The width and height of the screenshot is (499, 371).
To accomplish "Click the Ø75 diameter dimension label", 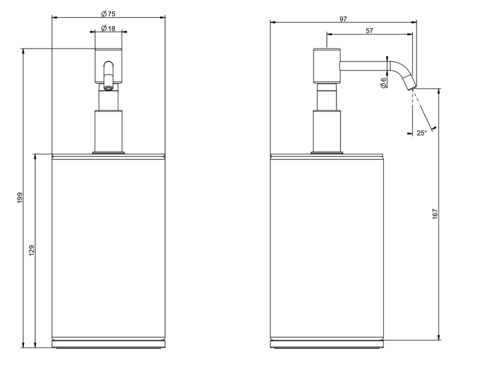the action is (108, 13).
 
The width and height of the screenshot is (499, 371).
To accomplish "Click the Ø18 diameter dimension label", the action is (108, 28).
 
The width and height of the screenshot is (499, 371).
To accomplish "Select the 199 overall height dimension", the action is (20, 198).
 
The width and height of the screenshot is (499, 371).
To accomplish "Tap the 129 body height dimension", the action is (31, 250).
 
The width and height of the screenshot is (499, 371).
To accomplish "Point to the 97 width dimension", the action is (343, 19).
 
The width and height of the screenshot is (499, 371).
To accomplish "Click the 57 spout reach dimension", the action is (369, 31).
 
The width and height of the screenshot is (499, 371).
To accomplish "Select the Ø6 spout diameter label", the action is (383, 83).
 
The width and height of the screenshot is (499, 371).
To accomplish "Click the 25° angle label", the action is (422, 133).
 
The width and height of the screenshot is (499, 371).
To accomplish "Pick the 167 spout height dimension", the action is (435, 214).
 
